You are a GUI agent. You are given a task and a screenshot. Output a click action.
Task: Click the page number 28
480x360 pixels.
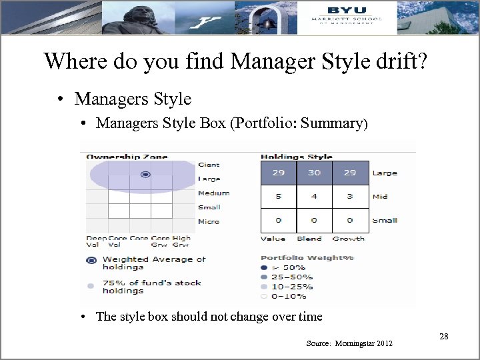click(x=443, y=337)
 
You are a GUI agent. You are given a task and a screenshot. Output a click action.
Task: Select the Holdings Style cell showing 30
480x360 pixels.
click(x=314, y=173)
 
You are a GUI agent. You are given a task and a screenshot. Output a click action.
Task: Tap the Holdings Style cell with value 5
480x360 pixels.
click(x=278, y=197)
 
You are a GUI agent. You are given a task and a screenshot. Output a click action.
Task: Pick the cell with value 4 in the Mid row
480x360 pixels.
click(x=314, y=197)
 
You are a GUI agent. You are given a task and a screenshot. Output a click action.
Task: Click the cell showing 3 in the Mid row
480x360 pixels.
click(x=349, y=197)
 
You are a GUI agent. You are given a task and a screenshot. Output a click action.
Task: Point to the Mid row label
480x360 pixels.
click(x=380, y=197)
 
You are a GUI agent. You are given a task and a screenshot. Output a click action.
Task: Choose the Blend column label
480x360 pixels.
click(x=309, y=239)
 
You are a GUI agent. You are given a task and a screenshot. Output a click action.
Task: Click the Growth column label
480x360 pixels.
click(x=348, y=239)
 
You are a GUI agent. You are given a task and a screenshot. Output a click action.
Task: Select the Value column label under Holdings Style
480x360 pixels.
click(x=273, y=239)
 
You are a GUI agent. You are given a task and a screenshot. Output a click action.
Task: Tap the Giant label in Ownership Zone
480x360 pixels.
click(x=209, y=165)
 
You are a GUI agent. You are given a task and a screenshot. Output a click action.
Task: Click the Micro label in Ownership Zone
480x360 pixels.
click(x=209, y=221)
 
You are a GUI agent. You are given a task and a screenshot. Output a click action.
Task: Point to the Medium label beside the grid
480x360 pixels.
click(x=213, y=193)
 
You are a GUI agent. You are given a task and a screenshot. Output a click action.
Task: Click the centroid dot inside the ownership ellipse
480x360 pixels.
click(x=145, y=175)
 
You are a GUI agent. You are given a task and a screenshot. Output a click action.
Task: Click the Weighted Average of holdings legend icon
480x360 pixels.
click(x=91, y=261)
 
